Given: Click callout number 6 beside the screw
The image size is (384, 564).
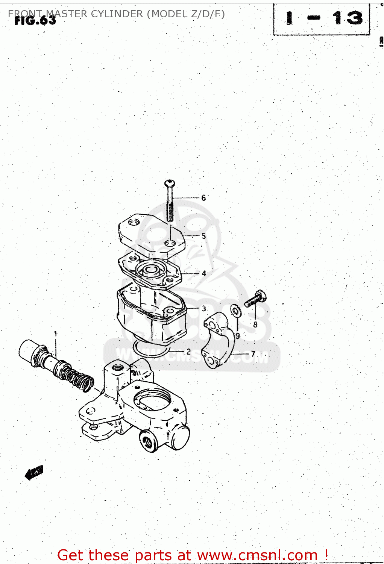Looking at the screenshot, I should pyautogui.click(x=203, y=198).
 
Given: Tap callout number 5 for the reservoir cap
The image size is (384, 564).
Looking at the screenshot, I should pyautogui.click(x=203, y=236).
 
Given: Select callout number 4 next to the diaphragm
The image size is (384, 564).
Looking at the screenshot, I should pyautogui.click(x=204, y=273).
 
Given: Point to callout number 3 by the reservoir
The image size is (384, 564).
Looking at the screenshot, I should pyautogui.click(x=204, y=308).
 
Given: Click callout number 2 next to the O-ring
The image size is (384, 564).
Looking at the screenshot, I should pyautogui.click(x=188, y=352).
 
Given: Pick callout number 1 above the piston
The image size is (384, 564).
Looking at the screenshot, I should pyautogui.click(x=56, y=334).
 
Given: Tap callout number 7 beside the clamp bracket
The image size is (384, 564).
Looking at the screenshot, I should pyautogui.click(x=253, y=354).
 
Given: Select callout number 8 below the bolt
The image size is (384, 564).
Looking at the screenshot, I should pyautogui.click(x=255, y=324).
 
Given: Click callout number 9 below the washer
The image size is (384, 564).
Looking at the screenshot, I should pyautogui.click(x=238, y=335).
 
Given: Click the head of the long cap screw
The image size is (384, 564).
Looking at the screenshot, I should pyautogui.click(x=170, y=183).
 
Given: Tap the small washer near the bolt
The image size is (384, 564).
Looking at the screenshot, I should pyautogui.click(x=236, y=311).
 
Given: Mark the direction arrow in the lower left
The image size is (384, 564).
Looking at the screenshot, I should pyautogui.click(x=34, y=472).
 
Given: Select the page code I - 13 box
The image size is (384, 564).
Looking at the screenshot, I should pyautogui.click(x=322, y=19).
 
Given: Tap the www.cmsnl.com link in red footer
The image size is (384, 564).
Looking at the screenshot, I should pyautogui.click(x=257, y=555).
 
